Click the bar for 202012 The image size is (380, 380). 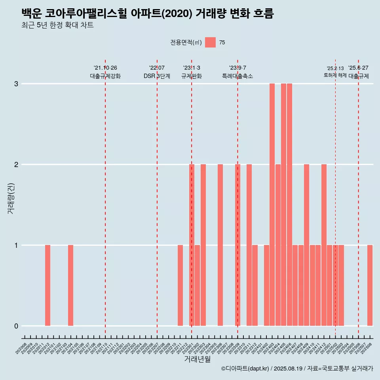47,285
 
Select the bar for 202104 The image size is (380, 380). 70,285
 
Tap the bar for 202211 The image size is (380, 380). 180,285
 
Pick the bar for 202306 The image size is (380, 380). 220,245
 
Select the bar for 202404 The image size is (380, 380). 278,245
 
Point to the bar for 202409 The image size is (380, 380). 306,245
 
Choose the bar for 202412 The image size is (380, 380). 324,245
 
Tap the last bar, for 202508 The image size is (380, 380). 370,285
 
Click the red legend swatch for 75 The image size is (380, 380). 210,42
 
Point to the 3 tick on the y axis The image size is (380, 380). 16,84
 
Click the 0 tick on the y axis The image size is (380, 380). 16,326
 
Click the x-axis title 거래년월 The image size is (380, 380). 197,359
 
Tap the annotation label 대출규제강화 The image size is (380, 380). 105,76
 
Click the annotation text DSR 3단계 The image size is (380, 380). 157,76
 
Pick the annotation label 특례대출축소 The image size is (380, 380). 237,76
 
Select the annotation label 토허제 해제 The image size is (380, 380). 335,75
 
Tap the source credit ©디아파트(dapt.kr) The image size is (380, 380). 245,369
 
